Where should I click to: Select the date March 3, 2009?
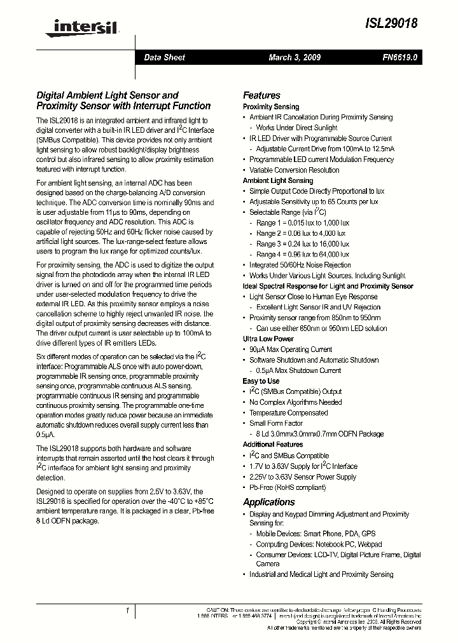[x=294, y=57]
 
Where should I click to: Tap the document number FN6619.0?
[x=400, y=57]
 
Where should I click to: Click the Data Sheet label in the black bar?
[x=164, y=57]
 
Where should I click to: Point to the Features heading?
[x=261, y=95]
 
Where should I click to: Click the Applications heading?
[x=269, y=502]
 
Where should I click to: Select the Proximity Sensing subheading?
[x=271, y=107]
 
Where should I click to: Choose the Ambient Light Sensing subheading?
[x=278, y=180]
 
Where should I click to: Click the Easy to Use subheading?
[x=261, y=381]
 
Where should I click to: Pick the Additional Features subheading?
[x=273, y=445]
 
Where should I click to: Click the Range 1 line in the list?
[x=303, y=223]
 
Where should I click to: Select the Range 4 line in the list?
[x=303, y=255]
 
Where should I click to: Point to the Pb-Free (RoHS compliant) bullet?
[x=287, y=487]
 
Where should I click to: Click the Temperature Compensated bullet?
[x=288, y=413]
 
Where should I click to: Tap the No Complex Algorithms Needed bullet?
[x=295, y=402]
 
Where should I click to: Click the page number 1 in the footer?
[x=128, y=611]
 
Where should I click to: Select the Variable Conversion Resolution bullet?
[x=294, y=170]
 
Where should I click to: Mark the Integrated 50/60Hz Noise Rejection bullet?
[x=300, y=265]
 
